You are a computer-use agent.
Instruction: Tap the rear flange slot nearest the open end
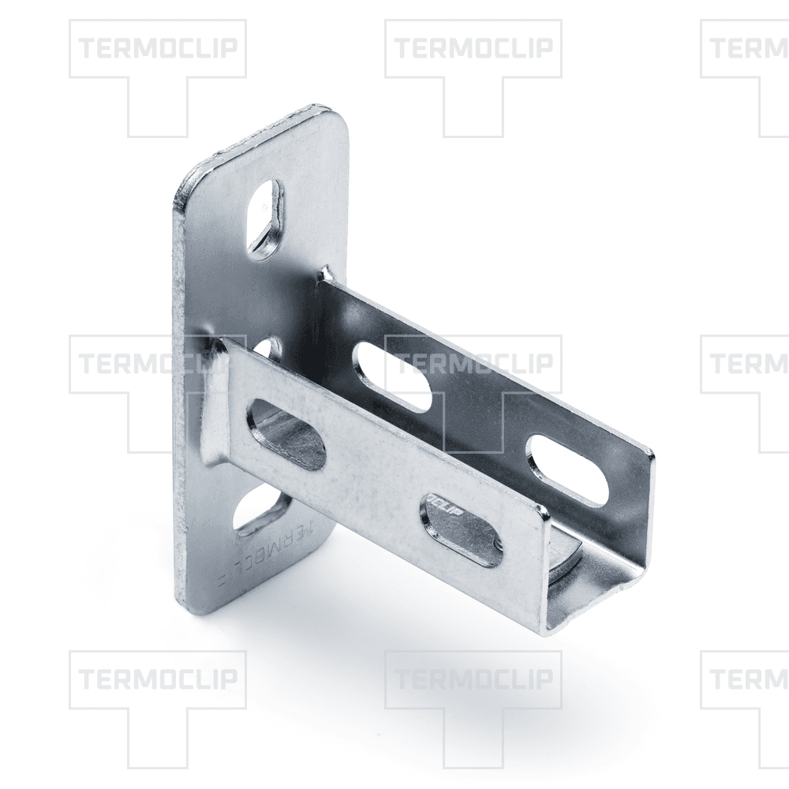point(567,469)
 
